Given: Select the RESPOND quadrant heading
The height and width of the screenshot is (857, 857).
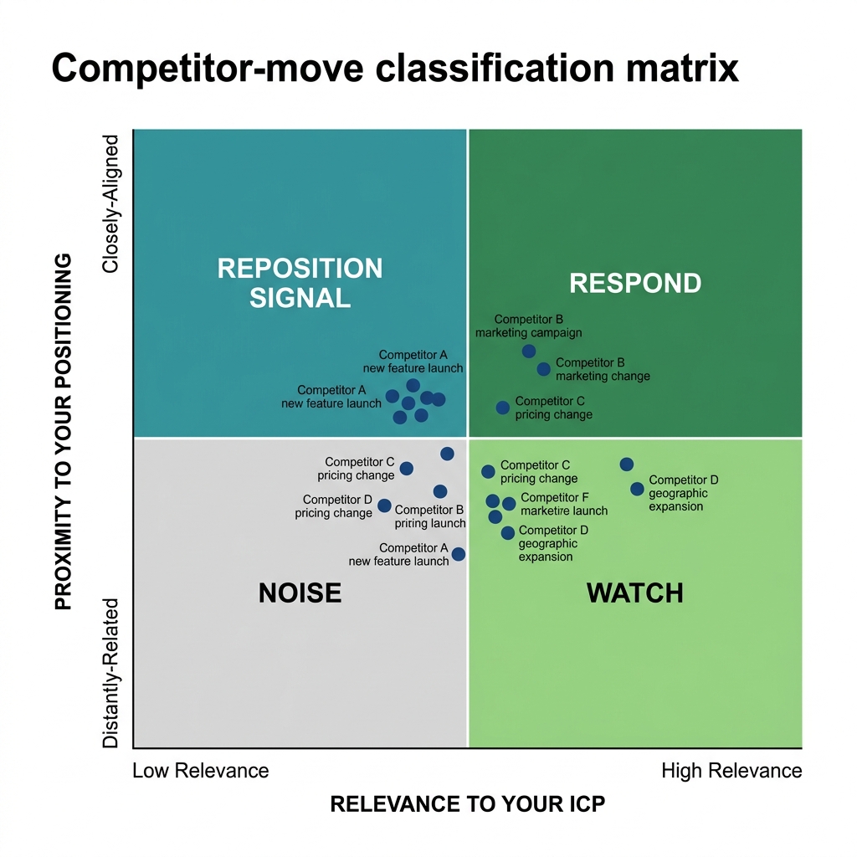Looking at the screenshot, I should coord(634,284).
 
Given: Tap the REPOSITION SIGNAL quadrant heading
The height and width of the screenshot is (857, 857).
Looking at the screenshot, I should coord(300,283).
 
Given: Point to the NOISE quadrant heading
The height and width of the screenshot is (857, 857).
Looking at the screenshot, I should coord(300,593).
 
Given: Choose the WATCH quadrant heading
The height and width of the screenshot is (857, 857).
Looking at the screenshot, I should coord(634,593).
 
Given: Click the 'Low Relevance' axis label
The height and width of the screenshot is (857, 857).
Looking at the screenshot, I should coord(201,771).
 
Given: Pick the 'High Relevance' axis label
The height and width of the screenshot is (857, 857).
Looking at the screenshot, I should coord(731,771).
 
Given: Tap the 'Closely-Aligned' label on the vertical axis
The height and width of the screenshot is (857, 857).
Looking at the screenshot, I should coord(111,204).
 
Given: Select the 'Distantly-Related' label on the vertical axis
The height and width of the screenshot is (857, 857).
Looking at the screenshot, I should coord(111,673).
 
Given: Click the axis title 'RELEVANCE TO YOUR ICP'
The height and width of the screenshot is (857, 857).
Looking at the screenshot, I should coord(467,805).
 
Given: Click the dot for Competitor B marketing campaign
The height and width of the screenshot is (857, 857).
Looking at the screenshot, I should coord(529,352).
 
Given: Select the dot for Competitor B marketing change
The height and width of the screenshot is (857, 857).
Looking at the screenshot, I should coord(543,369).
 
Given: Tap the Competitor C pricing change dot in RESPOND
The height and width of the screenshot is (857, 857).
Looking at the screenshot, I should coord(502,408).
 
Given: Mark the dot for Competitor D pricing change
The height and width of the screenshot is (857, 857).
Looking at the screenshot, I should coord(384,505).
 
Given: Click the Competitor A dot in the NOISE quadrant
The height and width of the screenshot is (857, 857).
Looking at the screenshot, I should coord(458,554).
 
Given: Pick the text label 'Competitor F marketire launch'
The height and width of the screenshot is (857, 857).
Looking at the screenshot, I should coord(563,504).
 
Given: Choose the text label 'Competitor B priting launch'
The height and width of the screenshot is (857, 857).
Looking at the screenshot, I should coord(430,516).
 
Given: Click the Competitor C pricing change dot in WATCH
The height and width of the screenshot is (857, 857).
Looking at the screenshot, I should coord(488,472).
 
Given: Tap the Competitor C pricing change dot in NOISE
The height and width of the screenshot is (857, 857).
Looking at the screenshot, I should coord(406,469).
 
